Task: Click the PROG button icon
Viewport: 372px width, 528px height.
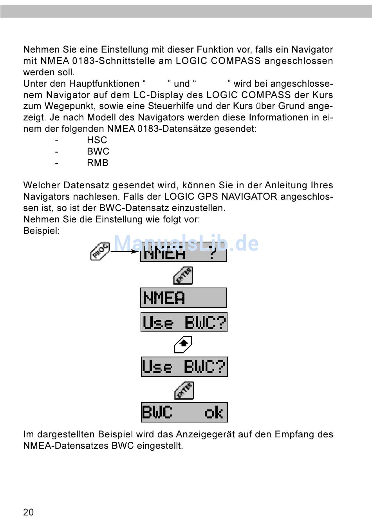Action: pos(100,251)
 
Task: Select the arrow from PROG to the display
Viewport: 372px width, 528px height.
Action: pos(125,251)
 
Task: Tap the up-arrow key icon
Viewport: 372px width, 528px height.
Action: pos(183,345)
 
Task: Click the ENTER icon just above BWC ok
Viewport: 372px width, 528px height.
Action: pos(184,390)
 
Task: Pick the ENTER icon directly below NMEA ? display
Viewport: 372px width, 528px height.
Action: pos(183,275)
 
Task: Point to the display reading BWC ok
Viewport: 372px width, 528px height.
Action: pos(184,412)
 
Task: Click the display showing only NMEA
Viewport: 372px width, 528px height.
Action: pos(183,298)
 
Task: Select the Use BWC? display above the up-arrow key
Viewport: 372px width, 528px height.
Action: pos(184,322)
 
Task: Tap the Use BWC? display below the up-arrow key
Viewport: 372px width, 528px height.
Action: pos(184,367)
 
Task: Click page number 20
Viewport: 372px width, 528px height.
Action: pos(29,512)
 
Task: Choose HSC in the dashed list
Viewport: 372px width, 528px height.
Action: pos(97,140)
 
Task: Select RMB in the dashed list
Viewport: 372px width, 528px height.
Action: pos(98,163)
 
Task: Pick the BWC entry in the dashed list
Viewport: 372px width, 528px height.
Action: pos(98,151)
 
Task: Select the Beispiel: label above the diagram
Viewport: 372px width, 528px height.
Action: pos(42,231)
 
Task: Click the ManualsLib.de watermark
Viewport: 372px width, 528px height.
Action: pos(186,244)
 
